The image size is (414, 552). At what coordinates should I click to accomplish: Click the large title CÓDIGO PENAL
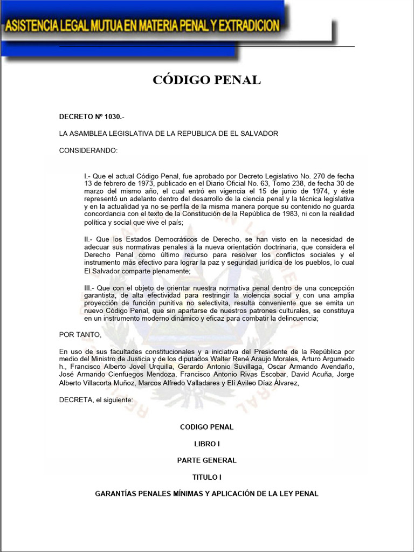coord(206,80)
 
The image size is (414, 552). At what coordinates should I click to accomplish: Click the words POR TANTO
coord(80,334)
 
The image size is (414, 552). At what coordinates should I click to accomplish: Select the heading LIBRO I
coord(206,444)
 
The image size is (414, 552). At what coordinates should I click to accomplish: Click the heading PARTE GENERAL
coord(206,460)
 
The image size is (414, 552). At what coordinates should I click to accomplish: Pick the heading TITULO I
coord(206,477)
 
